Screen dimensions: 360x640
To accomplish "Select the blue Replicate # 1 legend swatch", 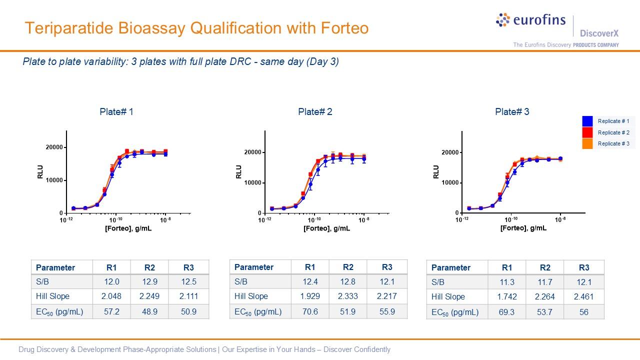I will click(587, 121).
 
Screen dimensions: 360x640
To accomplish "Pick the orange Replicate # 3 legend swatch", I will click(587, 144).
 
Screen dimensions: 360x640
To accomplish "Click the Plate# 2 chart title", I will click(315, 112).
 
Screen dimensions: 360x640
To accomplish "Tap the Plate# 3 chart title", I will click(512, 112).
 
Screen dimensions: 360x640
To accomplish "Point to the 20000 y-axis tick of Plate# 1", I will click(53, 147).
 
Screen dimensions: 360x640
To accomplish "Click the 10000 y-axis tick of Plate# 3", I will click(449, 183).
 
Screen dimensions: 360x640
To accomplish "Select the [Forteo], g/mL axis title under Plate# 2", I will click(326, 228).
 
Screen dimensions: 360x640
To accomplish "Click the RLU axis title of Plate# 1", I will click(40, 171).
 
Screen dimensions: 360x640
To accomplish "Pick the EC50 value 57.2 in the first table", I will click(111, 311).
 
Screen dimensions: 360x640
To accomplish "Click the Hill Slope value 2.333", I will click(348, 296).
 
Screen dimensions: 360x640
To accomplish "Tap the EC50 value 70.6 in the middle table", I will click(310, 311).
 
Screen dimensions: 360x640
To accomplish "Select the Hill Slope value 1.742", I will click(507, 296).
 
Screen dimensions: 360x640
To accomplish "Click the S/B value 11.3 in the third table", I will click(507, 282).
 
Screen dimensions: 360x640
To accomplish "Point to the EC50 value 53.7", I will click(545, 312).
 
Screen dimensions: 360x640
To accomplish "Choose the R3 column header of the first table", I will click(188, 267).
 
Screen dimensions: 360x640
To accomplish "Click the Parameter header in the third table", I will click(450, 267).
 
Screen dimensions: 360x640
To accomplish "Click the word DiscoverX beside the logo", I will click(599, 33).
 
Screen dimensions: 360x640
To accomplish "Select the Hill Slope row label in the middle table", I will click(251, 296).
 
